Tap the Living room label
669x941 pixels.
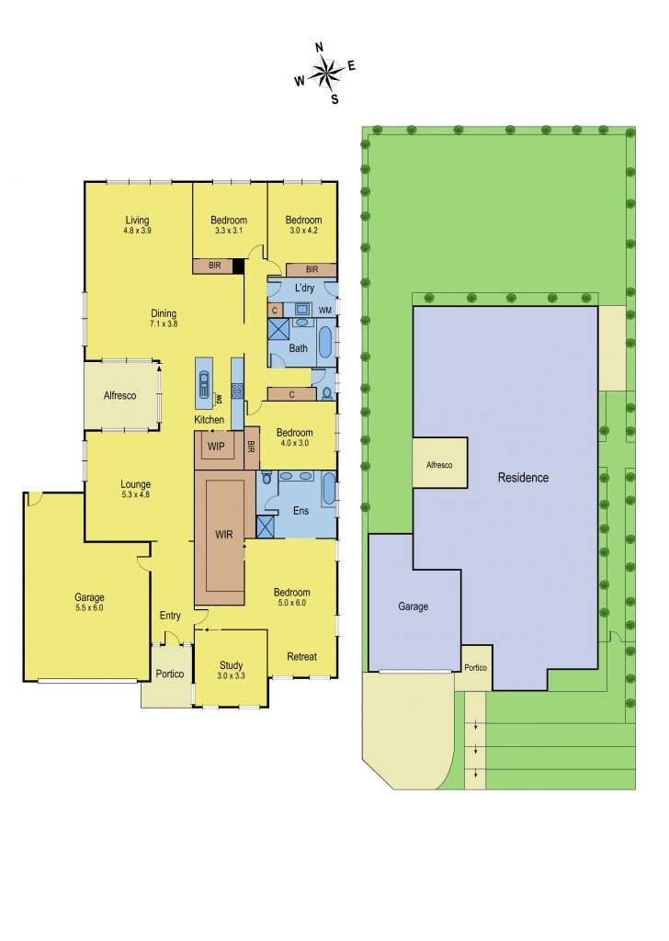click(x=138, y=220)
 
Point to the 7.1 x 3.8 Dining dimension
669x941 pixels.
click(x=164, y=324)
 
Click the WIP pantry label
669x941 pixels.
click(x=216, y=447)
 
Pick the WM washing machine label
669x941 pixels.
click(x=325, y=312)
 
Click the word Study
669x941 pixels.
click(x=231, y=666)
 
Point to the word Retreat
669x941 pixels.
click(x=301, y=656)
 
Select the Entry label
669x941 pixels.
click(x=170, y=616)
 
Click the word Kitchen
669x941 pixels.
click(x=209, y=420)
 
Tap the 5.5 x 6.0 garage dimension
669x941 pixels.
click(x=89, y=608)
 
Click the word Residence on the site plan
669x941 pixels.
click(x=523, y=478)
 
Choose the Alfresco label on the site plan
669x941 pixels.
click(x=438, y=466)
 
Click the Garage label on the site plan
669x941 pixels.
click(x=413, y=607)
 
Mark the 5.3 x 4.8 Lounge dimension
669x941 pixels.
click(x=135, y=495)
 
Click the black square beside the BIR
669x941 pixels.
click(x=237, y=266)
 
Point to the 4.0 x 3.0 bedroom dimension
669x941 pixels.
click(x=294, y=443)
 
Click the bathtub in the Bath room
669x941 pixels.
click(x=325, y=342)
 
